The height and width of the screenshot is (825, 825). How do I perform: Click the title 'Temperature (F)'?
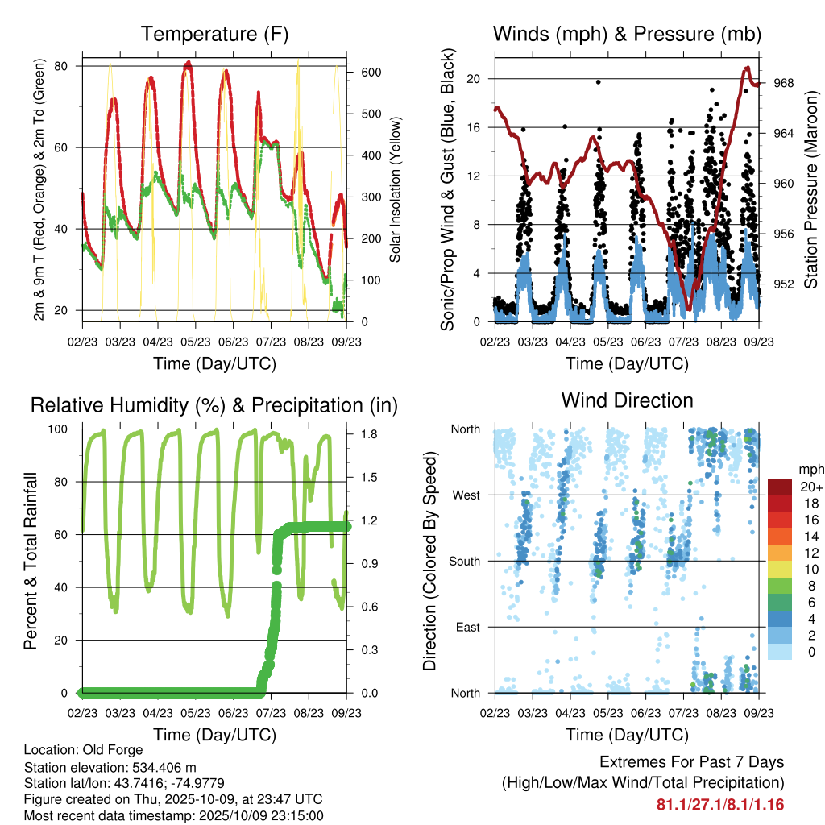pyautogui.click(x=214, y=34)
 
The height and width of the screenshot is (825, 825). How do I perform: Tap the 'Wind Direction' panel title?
pyautogui.click(x=627, y=400)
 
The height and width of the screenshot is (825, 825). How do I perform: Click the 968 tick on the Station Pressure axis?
pyautogui.click(x=784, y=83)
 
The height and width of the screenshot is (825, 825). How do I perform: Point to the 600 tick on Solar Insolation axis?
pyautogui.click(x=370, y=72)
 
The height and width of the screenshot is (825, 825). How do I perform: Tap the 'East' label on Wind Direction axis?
pyautogui.click(x=469, y=626)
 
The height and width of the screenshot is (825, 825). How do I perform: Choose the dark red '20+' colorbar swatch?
pyautogui.click(x=780, y=487)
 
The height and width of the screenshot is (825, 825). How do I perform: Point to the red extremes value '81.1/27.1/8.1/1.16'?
pyautogui.click(x=720, y=804)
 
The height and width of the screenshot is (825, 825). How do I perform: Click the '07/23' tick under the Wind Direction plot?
pyautogui.click(x=683, y=713)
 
